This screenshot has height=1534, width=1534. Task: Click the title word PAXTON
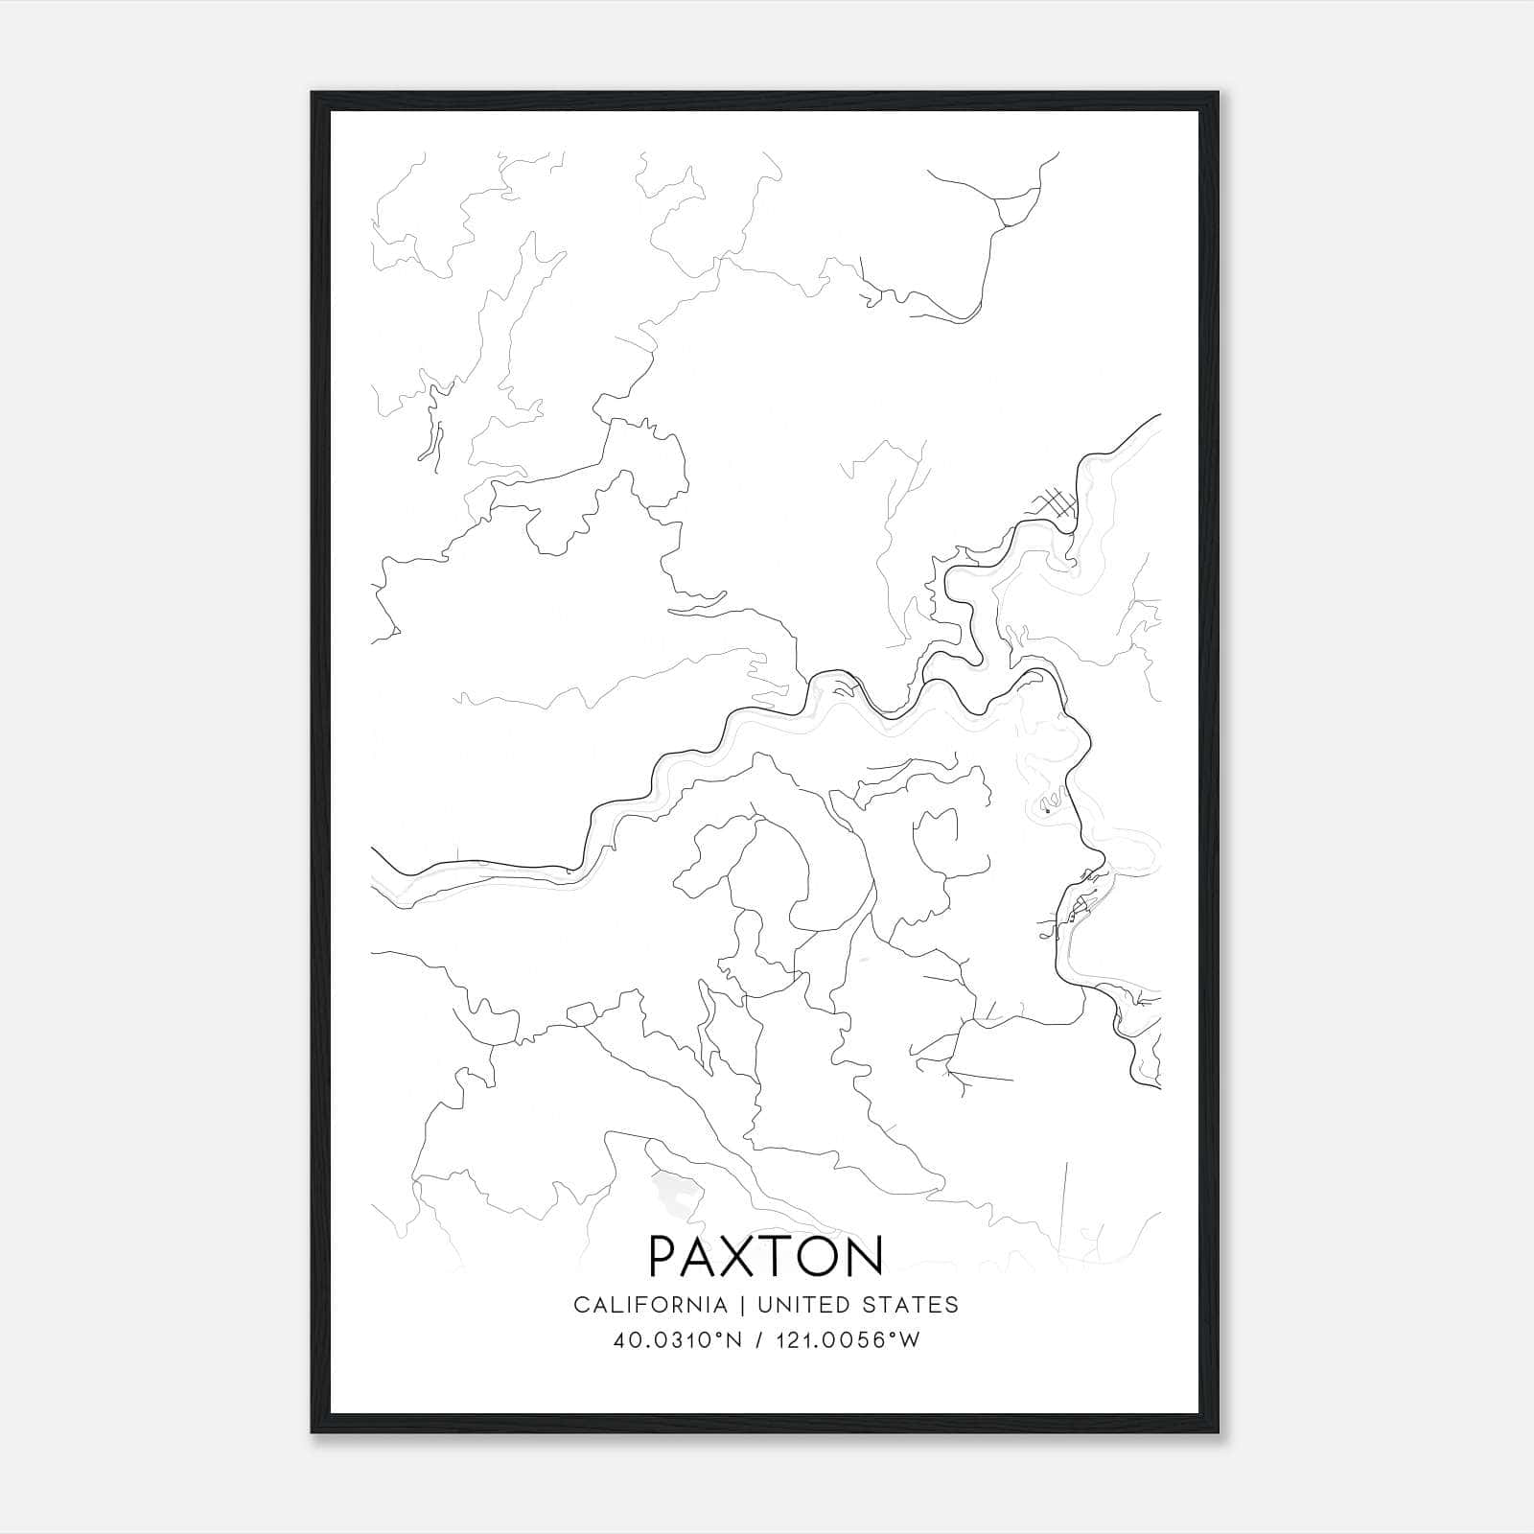point(766,1255)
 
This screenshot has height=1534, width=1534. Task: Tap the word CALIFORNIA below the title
point(649,1305)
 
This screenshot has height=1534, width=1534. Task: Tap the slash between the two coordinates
point(757,1340)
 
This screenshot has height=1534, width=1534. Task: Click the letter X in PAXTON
point(738,1255)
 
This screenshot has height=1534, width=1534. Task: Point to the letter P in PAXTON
point(664,1255)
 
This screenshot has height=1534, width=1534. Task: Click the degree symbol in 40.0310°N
point(719,1335)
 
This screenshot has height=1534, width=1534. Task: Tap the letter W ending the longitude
point(910,1340)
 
